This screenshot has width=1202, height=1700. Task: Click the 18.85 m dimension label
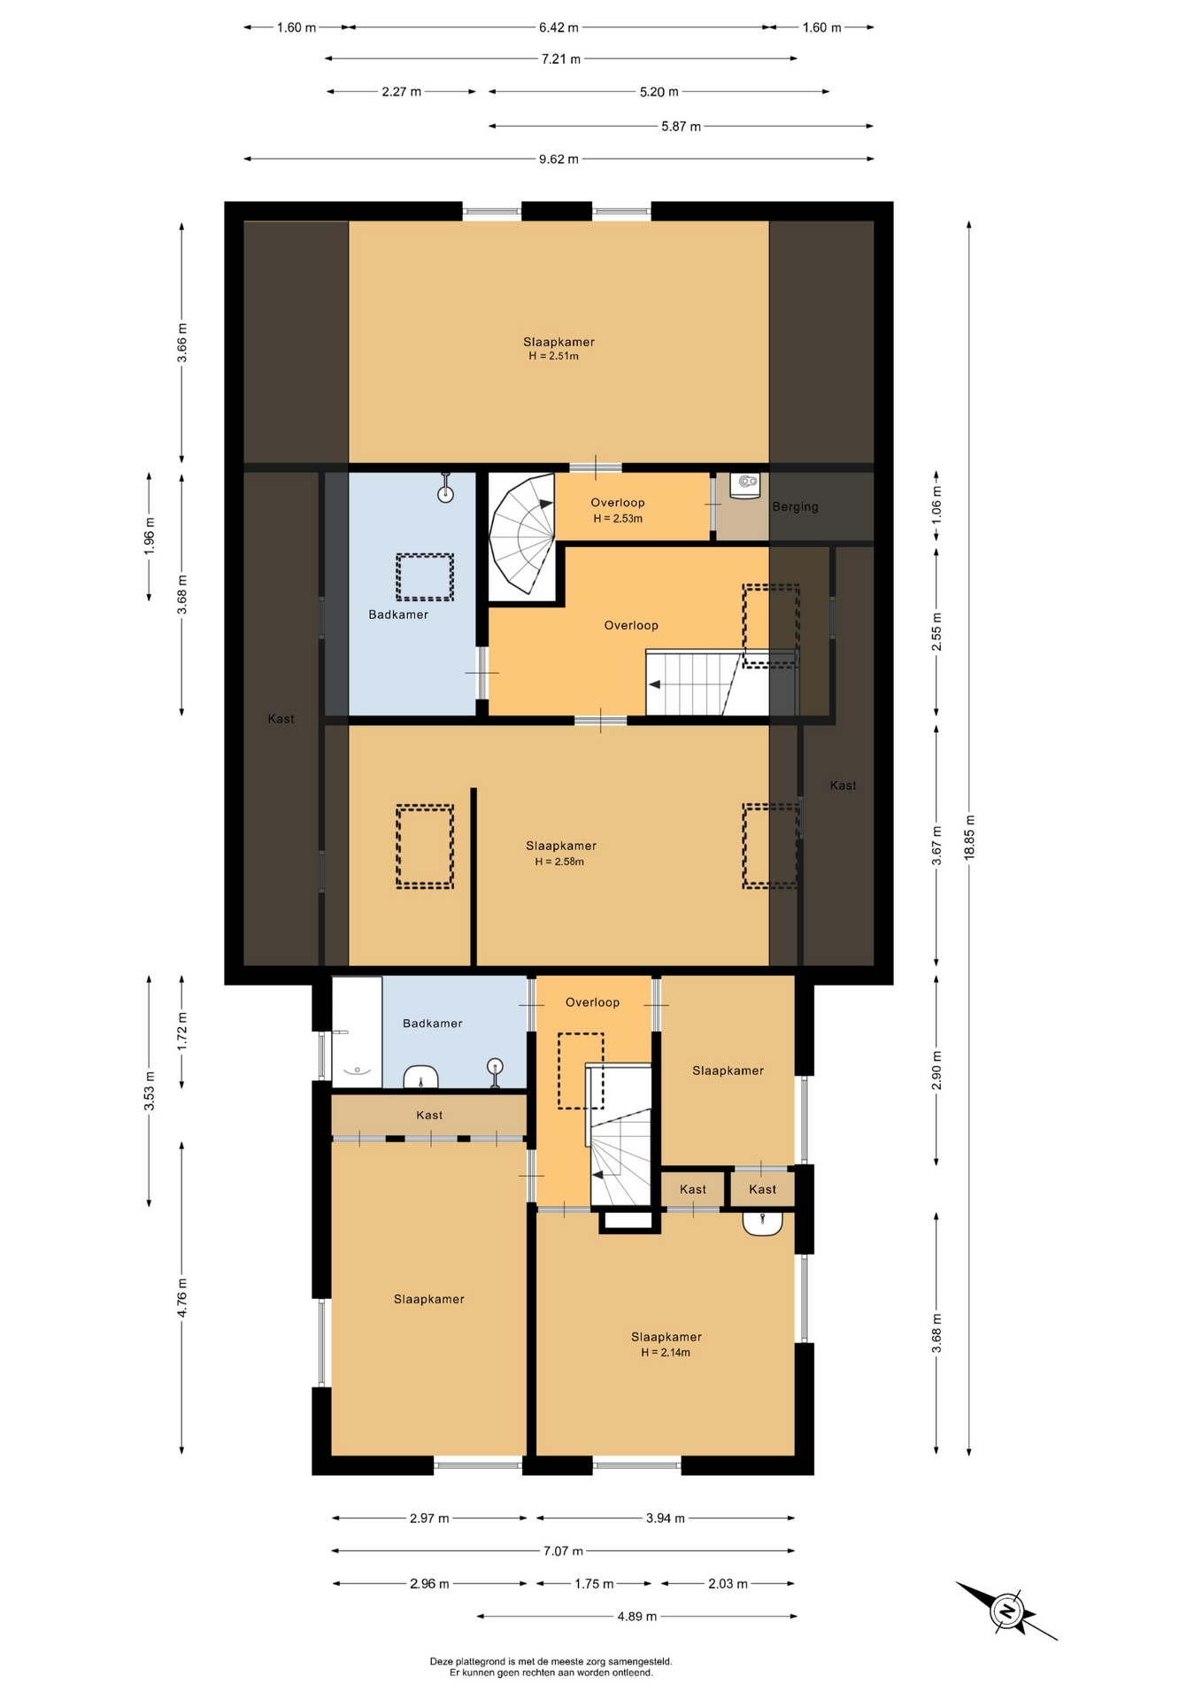pos(969,837)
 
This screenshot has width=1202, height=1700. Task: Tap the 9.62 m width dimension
pos(559,159)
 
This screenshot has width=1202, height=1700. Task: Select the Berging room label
pos(795,506)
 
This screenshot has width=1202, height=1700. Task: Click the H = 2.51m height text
pos(553,356)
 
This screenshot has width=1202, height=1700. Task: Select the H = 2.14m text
pos(666,1352)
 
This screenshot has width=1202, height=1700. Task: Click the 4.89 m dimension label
pos(637,1616)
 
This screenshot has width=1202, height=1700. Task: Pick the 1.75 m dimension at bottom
pos(594,1583)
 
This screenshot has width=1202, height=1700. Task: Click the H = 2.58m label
pos(559,862)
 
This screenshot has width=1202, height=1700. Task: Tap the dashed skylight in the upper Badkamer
pos(425,576)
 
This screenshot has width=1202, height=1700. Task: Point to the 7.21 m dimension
pos(561,59)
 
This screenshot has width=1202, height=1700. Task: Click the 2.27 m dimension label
pos(402,92)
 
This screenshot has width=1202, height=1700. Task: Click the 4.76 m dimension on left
pos(182,1297)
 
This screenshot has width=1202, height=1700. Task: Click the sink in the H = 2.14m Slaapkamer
pos(762,1223)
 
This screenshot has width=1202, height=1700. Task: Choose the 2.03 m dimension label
pos(728,1583)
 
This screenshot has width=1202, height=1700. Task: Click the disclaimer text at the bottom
pos(551,1667)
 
